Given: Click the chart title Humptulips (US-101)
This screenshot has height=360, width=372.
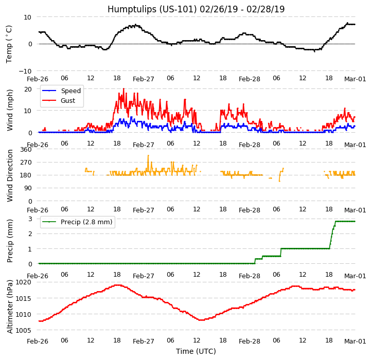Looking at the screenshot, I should coord(196,9).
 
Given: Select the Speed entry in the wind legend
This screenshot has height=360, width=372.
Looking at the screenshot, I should coord(70,91).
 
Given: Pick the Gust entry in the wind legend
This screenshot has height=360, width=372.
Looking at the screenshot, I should coord(67,101).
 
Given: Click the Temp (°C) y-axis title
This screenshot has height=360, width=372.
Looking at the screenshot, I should coord(9,44).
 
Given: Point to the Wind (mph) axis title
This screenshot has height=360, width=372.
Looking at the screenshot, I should coord(10,110).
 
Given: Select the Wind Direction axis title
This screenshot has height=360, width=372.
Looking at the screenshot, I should coord(10,175).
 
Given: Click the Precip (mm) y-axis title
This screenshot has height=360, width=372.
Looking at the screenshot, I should coord(10,241).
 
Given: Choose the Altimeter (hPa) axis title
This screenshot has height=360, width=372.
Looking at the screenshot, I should coord(10,307).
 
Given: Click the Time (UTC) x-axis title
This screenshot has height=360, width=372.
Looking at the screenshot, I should coord(196,351).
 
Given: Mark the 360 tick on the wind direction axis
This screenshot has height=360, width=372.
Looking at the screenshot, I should coord(26,149).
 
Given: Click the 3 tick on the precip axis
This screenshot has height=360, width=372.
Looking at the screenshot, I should coord(30,219).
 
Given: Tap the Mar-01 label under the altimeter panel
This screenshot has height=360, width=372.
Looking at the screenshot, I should coord(355,341).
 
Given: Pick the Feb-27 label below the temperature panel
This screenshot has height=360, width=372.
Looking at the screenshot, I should coord(144,79).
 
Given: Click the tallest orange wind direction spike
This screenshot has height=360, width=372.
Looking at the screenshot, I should coord(148,156).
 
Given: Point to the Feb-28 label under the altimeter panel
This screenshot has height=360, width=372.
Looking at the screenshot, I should coord(250,341).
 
